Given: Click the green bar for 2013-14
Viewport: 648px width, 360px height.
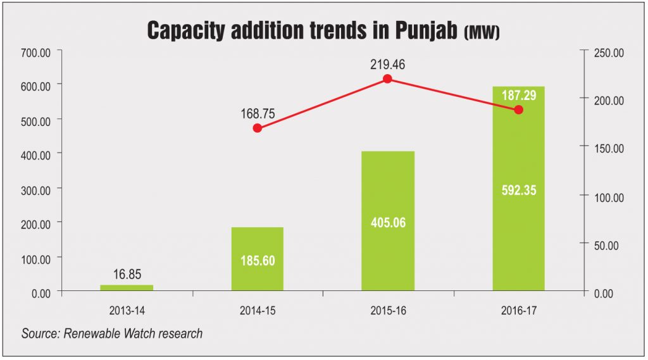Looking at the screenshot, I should click(x=127, y=288).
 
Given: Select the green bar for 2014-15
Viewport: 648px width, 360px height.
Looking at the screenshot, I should click(x=258, y=259).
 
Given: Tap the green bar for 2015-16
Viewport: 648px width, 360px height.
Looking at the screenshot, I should click(x=388, y=221).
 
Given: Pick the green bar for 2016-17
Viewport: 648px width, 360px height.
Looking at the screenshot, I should click(x=519, y=190).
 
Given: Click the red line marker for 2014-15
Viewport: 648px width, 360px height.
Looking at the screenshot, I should click(x=257, y=128).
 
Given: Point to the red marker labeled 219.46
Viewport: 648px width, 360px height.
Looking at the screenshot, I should click(x=388, y=79).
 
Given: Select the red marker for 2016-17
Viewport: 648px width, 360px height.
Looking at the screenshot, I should click(x=519, y=109).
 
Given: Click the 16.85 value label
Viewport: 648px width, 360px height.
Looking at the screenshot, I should click(x=127, y=275).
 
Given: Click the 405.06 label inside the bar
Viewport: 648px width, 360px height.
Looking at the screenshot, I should click(x=388, y=223).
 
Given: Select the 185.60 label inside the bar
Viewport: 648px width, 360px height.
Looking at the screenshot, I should click(x=258, y=261).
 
